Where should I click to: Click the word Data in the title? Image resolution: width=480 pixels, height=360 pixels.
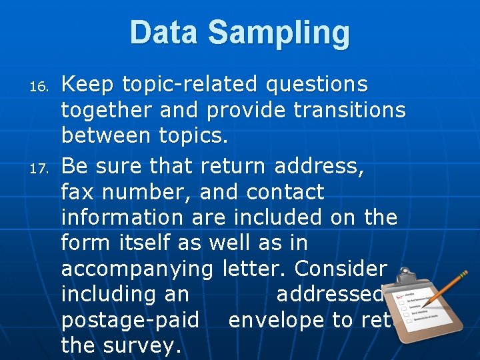pos(166,33)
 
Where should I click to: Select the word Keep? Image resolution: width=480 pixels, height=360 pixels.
pos(86,85)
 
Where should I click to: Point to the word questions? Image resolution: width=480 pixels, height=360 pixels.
pos(317,85)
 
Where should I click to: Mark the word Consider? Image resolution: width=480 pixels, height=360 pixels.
pos(340,268)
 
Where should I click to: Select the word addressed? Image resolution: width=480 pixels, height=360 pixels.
pos(329,294)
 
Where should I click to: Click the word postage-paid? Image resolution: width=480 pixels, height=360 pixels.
pos(130,321)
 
